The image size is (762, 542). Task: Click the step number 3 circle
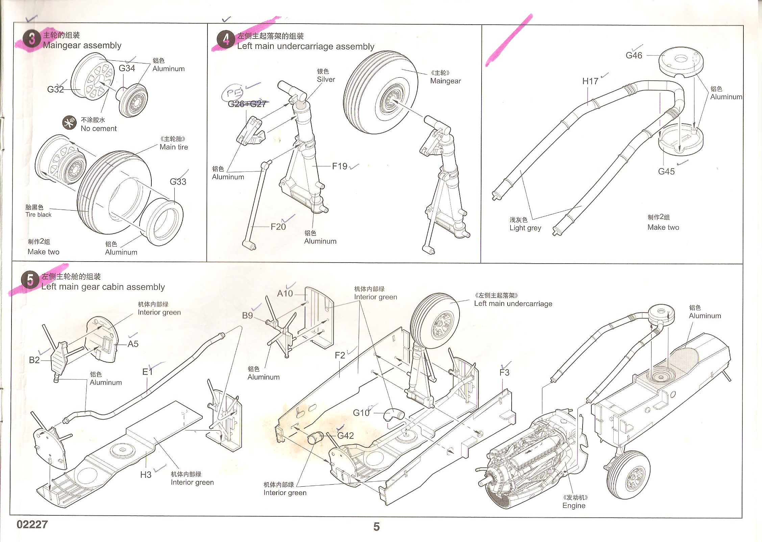click(31, 38)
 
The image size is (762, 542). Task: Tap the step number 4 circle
click(226, 39)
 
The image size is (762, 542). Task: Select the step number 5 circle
click(30, 280)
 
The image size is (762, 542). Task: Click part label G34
click(127, 69)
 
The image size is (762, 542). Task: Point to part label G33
click(178, 182)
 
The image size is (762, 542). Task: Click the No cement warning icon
click(69, 123)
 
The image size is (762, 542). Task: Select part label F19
click(340, 166)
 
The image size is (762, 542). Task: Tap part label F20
click(278, 227)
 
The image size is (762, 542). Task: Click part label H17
click(590, 81)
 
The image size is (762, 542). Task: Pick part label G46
click(634, 56)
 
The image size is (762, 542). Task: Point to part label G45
click(666, 172)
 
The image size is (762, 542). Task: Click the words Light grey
click(525, 228)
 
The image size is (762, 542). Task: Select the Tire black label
click(39, 215)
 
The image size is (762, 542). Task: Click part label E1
click(147, 372)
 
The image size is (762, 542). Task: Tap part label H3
click(146, 475)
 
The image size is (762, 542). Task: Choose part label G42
click(345, 436)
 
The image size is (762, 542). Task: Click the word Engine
click(574, 506)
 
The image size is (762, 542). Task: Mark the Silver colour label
click(326, 80)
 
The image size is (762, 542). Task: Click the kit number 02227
click(32, 524)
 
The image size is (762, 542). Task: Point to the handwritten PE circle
click(232, 93)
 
